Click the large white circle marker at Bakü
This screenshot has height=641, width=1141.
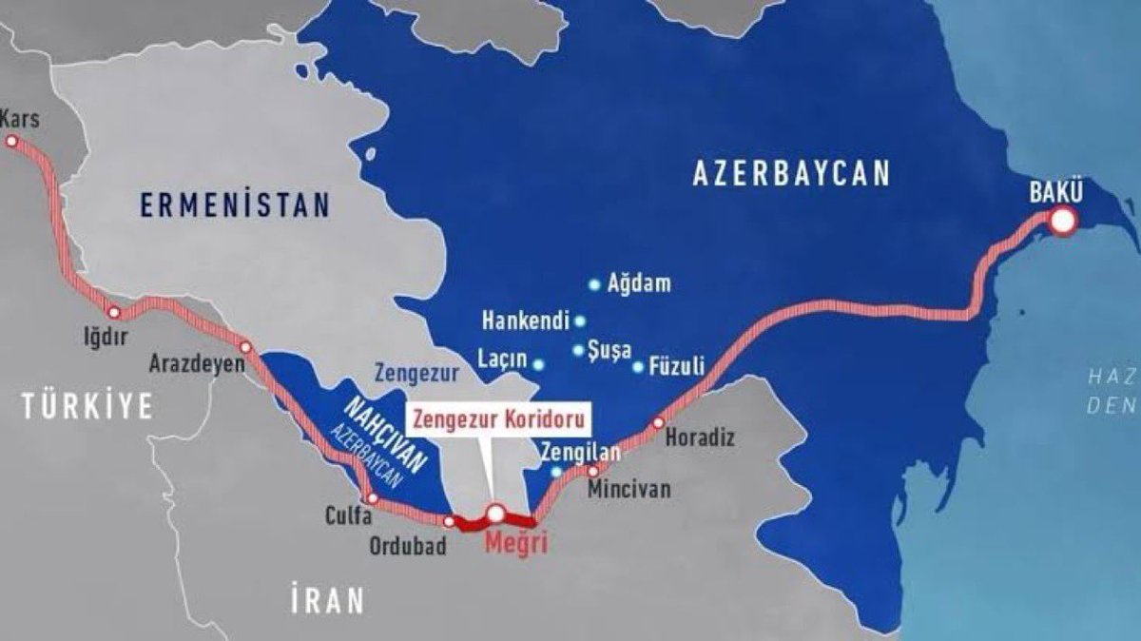(1063, 222)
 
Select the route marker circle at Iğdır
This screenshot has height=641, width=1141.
(113, 312)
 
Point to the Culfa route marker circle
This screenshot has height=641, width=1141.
(372, 498)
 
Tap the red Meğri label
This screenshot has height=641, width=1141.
(513, 545)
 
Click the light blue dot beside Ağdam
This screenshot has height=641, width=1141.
(594, 283)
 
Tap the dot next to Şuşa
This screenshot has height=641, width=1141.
(578, 350)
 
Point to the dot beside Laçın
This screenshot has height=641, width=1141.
(538, 364)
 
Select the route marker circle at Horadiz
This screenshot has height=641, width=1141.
(657, 421)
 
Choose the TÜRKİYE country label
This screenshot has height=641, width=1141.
(88, 406)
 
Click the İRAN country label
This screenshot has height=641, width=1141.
(327, 600)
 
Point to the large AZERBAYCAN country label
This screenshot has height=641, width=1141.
(791, 173)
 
